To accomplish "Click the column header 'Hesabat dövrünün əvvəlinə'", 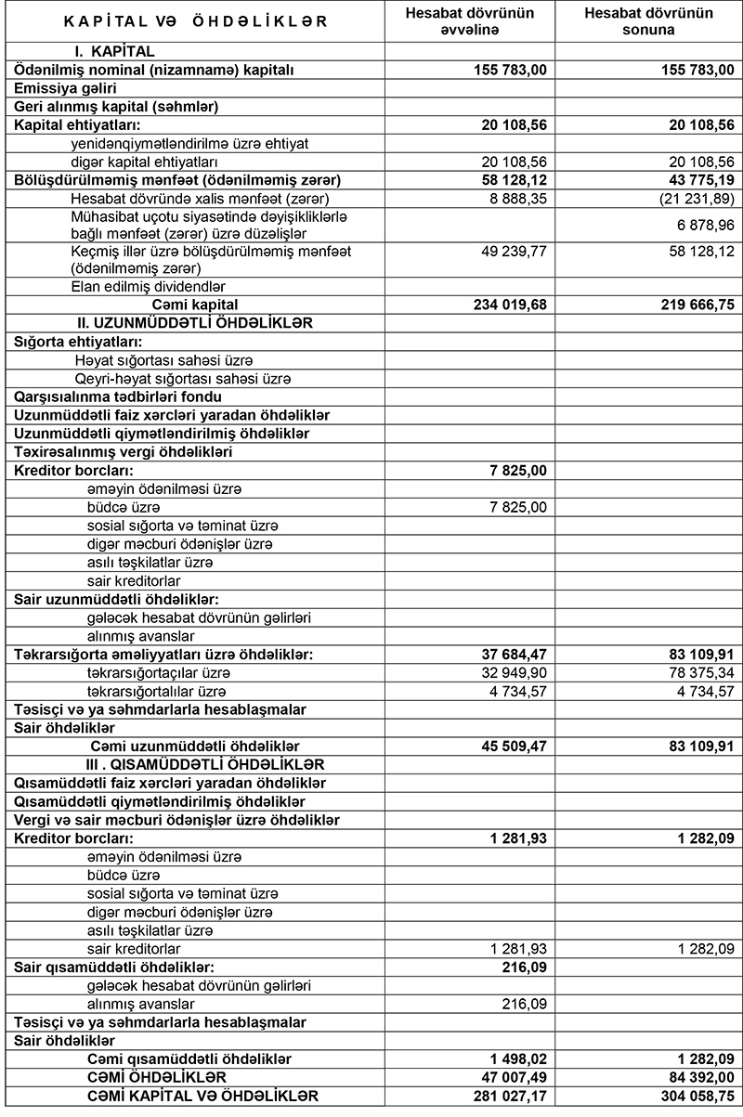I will coord(469,21).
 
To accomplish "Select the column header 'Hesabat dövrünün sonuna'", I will coord(649,21).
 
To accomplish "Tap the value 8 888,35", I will coord(517,198).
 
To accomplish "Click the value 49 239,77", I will coord(514,251).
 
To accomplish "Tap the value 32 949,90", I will coord(514,672).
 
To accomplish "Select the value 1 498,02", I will coord(517,1059).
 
